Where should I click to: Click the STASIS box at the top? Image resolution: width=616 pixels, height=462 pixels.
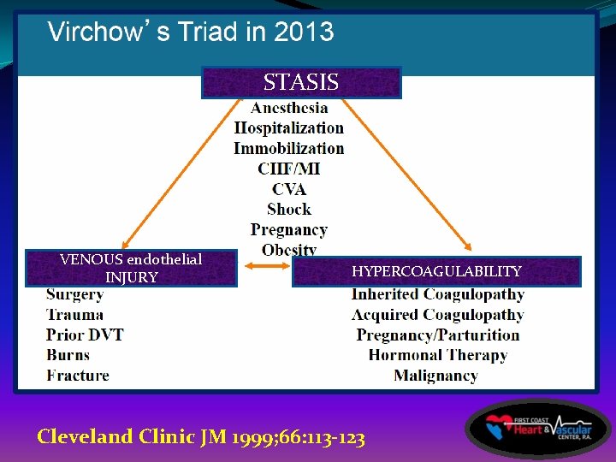[301, 83]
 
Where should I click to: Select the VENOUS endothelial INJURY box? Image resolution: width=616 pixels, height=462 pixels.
[131, 269]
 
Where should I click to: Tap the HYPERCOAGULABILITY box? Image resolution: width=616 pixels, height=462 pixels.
[436, 271]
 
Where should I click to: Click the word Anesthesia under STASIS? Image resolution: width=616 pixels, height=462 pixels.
[289, 108]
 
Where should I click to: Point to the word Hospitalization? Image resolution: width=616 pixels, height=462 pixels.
[289, 128]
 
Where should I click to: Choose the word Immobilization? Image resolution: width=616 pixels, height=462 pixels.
[289, 148]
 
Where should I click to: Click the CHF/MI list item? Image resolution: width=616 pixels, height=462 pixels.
[289, 169]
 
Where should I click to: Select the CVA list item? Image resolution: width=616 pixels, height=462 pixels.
[289, 189]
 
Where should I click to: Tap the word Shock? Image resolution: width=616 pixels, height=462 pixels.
[289, 210]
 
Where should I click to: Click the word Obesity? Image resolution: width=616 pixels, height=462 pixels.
[289, 250]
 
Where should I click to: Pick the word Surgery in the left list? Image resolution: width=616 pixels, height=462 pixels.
[74, 295]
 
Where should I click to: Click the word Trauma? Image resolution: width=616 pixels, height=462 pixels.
[74, 315]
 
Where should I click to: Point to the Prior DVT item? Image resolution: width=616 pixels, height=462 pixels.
[85, 335]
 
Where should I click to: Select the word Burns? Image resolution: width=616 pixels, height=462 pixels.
[68, 354]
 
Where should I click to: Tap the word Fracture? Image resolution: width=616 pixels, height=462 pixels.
[78, 375]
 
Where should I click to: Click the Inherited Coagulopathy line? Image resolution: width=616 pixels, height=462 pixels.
[437, 295]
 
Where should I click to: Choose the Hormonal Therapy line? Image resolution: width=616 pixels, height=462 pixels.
[437, 355]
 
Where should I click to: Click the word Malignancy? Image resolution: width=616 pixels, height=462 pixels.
[435, 376]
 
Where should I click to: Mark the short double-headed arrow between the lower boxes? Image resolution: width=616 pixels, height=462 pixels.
[264, 269]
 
